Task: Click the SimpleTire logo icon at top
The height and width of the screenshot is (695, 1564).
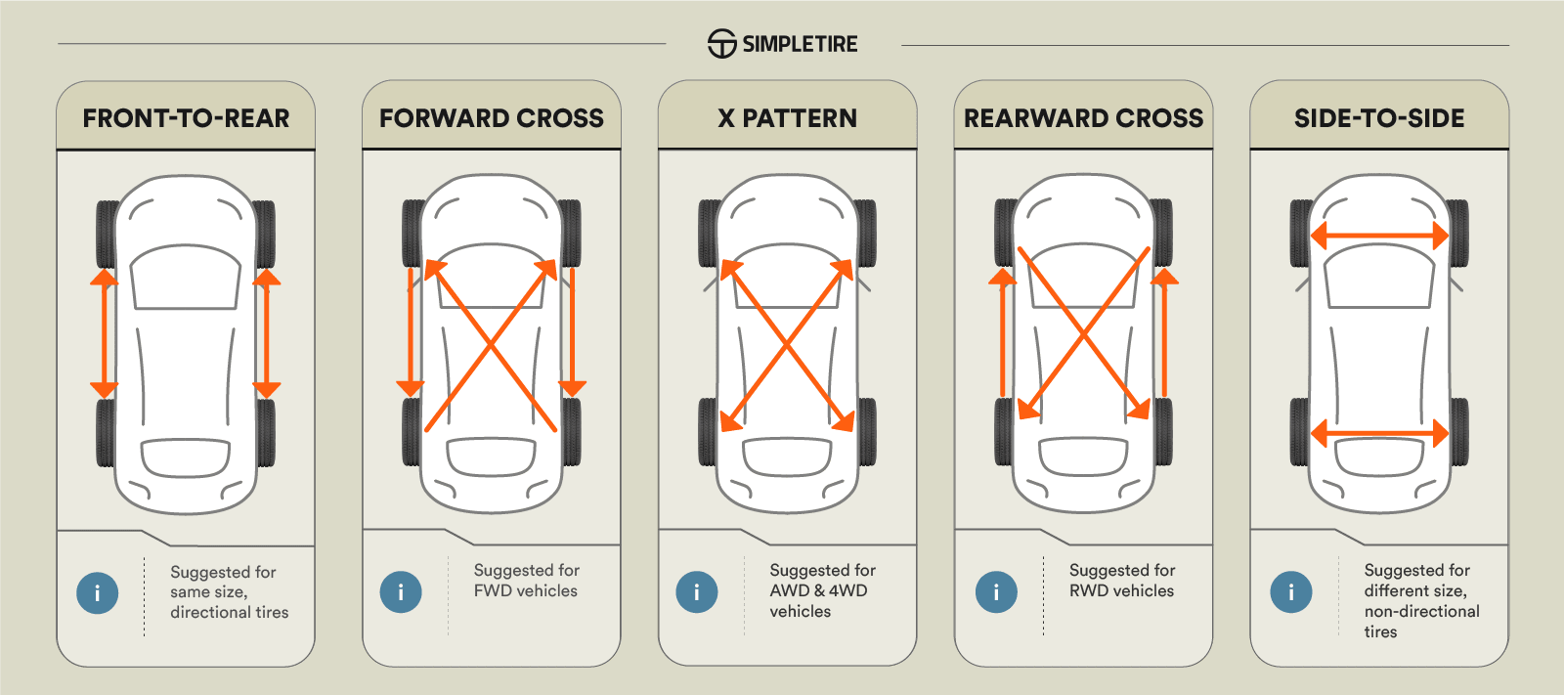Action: click(721, 44)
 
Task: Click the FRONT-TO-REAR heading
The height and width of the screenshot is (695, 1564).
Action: click(186, 118)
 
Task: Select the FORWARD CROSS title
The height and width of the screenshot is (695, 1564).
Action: click(492, 118)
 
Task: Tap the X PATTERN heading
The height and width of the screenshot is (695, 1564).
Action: click(787, 118)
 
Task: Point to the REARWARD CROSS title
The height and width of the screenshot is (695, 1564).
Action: click(1083, 118)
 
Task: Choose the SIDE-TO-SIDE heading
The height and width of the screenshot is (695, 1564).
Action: click(1379, 118)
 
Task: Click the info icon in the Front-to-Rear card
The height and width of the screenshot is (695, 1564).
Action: click(98, 592)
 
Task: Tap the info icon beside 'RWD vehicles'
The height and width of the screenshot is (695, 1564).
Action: click(996, 591)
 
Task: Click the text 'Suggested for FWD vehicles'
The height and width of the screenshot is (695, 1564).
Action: click(526, 581)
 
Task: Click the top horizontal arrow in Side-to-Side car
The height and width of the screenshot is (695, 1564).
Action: click(1379, 236)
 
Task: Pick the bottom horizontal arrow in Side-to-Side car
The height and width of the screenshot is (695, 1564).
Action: click(1379, 433)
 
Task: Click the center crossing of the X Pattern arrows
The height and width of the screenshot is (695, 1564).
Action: click(787, 345)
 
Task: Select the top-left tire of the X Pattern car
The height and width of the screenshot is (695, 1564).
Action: click(709, 233)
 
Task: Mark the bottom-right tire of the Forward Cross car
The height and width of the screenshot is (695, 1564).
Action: click(572, 431)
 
